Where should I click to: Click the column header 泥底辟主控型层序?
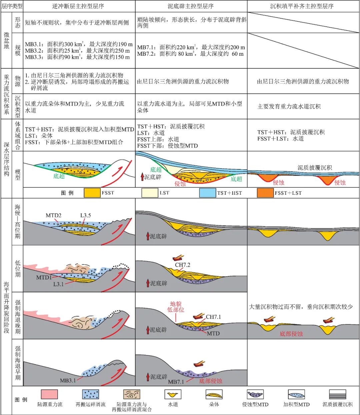(x=190, y=6)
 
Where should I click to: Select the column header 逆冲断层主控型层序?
(x=78, y=6)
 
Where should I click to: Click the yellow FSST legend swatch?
(x=92, y=193)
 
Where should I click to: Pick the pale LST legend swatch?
(x=150, y=193)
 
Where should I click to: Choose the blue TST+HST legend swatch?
(x=207, y=193)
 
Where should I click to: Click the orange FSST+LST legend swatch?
(x=265, y=193)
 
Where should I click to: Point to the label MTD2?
(x=53, y=215)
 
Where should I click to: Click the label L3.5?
(x=86, y=215)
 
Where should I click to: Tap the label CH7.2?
(x=183, y=265)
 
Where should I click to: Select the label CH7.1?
(x=213, y=317)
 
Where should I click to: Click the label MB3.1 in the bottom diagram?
(x=68, y=380)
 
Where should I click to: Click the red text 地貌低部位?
(x=176, y=307)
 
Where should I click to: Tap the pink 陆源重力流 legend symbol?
(x=49, y=394)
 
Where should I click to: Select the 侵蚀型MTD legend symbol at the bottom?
(x=255, y=394)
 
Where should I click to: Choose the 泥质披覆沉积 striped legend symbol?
(x=337, y=394)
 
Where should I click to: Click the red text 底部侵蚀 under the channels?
(x=291, y=334)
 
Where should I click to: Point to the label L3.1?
(x=58, y=284)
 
